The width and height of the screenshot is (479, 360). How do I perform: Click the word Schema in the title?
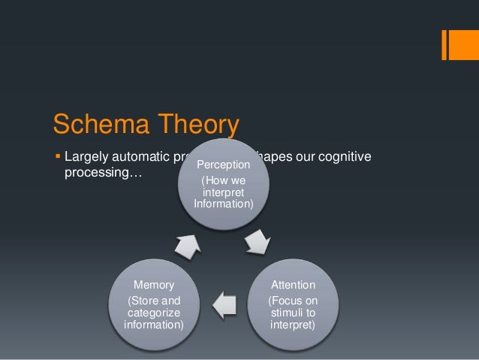click(95, 123)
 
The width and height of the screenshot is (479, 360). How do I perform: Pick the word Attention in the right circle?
click(293, 286)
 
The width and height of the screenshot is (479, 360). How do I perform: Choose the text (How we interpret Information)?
click(223, 192)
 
